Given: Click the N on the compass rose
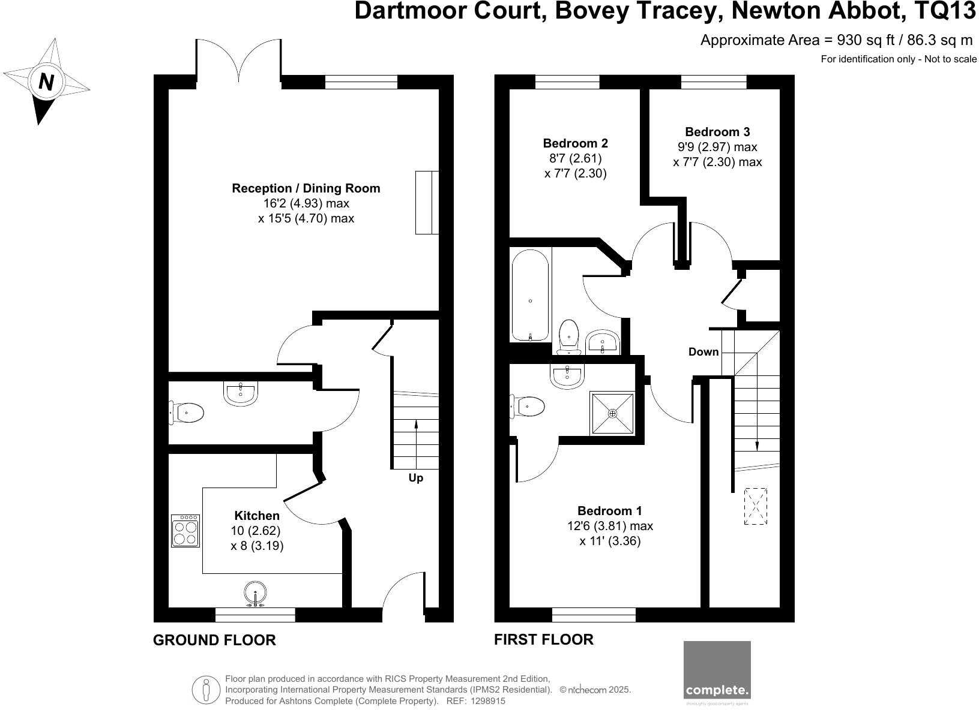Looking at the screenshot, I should point(46,82).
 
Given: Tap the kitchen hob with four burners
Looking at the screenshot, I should point(185,531).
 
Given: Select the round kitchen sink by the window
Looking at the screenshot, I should point(256,594).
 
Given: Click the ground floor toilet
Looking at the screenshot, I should point(187,413).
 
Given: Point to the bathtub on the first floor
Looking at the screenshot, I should point(530,295).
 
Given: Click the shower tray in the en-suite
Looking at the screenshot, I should point(612,413).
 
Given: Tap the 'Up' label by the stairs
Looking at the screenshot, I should point(415,478).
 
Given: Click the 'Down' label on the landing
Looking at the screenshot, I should point(703,352).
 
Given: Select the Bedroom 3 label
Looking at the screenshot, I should point(717,132).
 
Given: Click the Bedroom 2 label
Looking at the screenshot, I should point(575,143).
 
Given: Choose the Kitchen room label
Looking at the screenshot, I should point(256,516).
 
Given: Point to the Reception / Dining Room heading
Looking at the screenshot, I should point(306,188).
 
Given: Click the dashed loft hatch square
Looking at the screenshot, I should point(755,507).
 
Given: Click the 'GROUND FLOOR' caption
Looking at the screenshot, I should point(214,640).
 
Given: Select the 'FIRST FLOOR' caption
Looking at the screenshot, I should point(543,640).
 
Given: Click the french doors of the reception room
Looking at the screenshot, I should point(239,62).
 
